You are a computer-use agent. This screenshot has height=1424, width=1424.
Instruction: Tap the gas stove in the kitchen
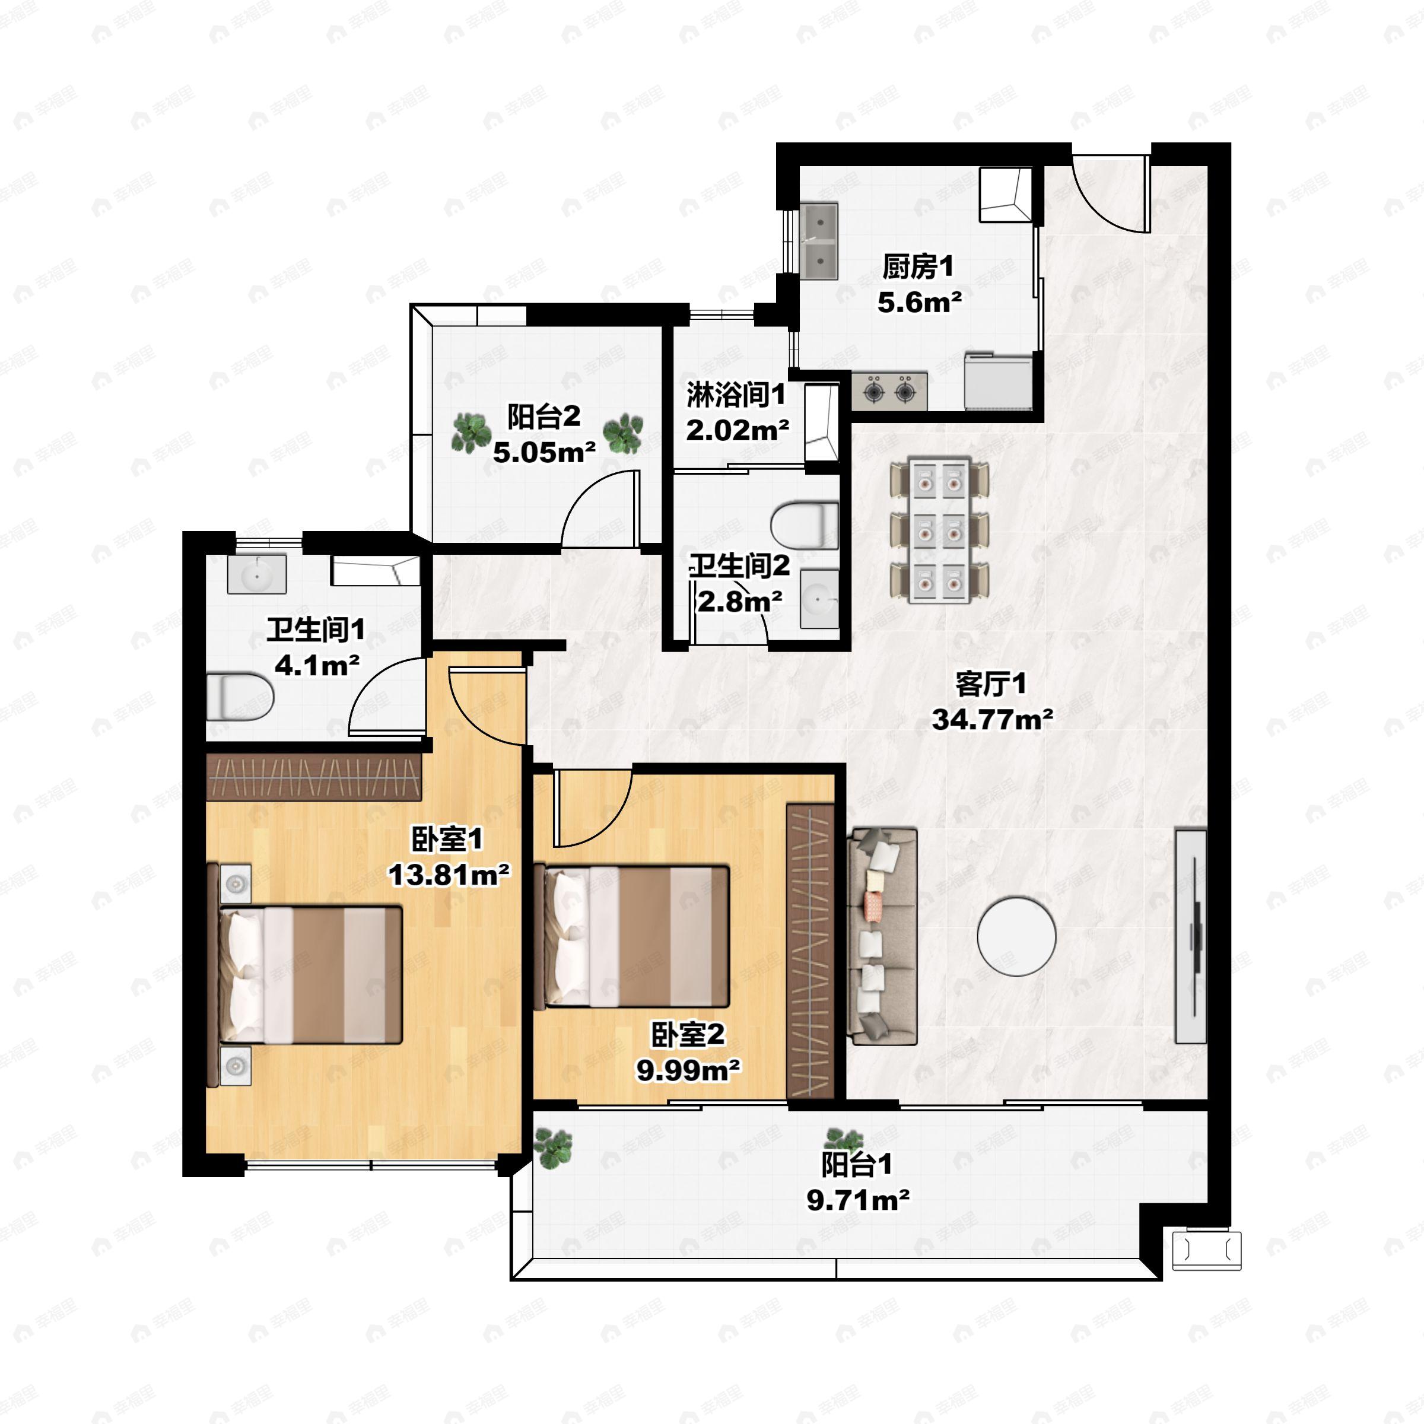coord(889,390)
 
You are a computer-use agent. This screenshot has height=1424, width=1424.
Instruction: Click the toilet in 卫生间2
coord(806,524)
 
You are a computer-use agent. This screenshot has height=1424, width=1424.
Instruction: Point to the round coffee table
coord(1016,936)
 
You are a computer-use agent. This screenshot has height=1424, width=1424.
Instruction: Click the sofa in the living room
coord(883,936)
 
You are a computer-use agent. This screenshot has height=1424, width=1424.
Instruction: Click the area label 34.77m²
coord(992,719)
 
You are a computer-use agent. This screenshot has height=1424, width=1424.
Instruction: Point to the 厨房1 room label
coord(918,267)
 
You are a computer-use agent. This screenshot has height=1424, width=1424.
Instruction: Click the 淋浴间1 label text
coord(736,396)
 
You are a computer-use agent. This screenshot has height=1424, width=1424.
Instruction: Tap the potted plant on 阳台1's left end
coord(553,1148)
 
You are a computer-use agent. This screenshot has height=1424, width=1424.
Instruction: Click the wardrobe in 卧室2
coord(810,951)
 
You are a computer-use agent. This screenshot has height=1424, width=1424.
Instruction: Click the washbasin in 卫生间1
coord(256,574)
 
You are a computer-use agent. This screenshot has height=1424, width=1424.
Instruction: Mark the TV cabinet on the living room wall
coord(1190,936)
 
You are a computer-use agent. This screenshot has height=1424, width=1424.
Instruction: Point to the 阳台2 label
coord(544,417)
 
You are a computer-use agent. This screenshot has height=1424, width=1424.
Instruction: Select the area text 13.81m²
coord(449,875)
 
